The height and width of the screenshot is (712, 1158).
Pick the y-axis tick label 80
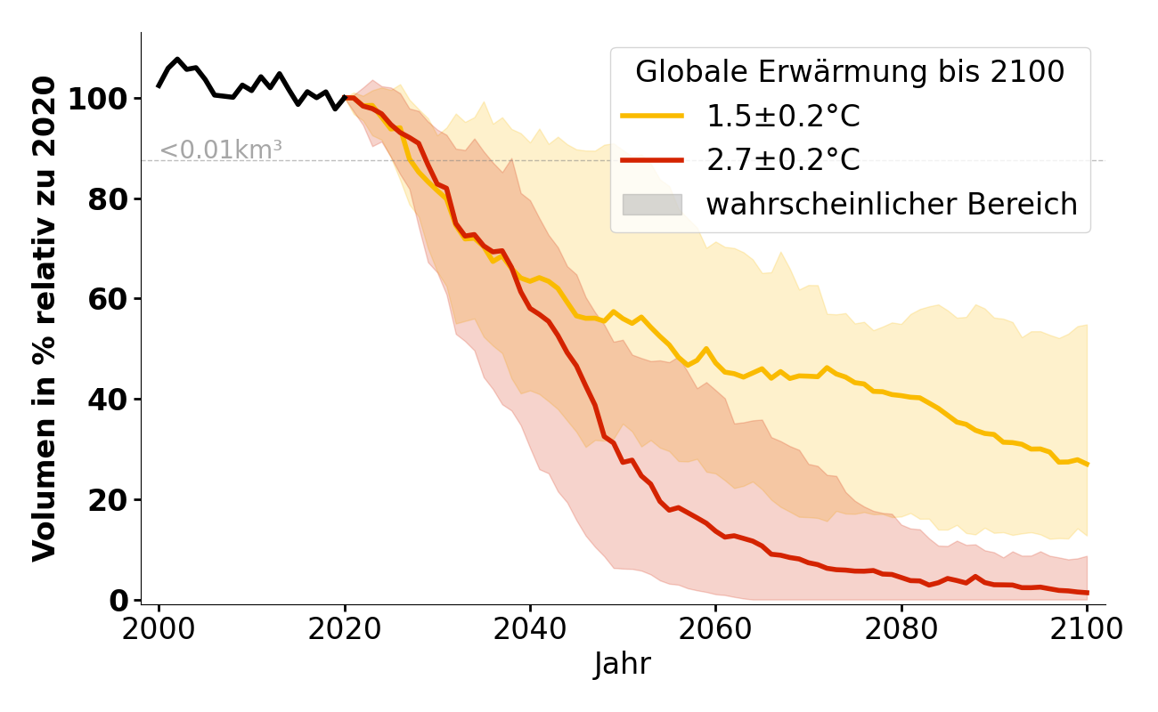[x=107, y=198]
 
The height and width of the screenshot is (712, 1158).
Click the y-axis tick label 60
[x=107, y=299]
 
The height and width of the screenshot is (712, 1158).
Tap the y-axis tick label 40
[x=107, y=400]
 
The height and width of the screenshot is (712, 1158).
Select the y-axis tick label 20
[x=107, y=500]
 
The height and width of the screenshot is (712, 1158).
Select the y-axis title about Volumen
[x=45, y=319]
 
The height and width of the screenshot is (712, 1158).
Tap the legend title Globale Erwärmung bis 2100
[x=850, y=72]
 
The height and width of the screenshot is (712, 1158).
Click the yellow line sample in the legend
[x=652, y=116]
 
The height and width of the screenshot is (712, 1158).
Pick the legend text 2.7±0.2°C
[x=783, y=160]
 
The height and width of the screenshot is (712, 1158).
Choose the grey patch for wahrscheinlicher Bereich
[x=652, y=205]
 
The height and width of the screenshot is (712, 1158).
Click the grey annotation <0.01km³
[x=221, y=150]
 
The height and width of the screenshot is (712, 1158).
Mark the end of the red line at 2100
[x=1087, y=593]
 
